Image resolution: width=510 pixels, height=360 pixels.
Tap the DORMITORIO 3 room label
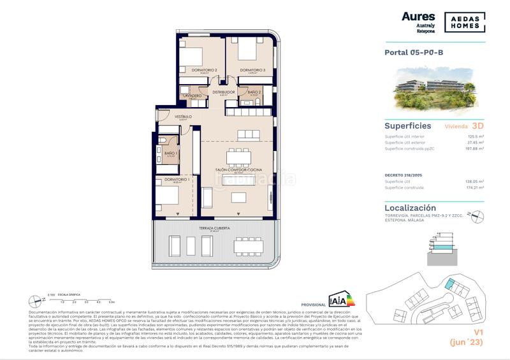tap(252, 70)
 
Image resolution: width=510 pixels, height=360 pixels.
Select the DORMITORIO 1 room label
tap(177, 180)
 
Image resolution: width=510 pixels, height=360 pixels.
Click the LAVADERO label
tap(192, 96)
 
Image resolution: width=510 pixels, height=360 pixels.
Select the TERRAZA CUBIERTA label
tap(214, 227)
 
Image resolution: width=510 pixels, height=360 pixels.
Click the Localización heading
tap(411, 208)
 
